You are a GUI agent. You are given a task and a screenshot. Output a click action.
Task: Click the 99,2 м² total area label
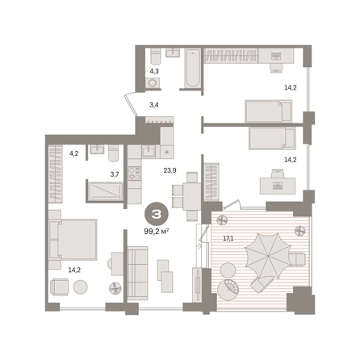(157, 231)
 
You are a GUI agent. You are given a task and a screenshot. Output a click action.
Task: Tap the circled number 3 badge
(157, 214)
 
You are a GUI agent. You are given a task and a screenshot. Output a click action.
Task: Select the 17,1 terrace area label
(228, 238)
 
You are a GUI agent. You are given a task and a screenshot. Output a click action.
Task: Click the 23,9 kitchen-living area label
(170, 170)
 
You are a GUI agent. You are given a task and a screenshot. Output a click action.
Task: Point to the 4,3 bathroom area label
(154, 72)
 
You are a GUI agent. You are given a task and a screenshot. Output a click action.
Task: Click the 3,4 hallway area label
(154, 105)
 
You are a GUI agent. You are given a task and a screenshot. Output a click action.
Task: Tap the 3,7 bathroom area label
(115, 174)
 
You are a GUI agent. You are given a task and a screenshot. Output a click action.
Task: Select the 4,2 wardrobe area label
(73, 154)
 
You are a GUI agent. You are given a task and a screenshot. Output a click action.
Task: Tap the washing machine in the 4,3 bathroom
(153, 83)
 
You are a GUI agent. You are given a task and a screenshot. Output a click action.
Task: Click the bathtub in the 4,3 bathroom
(193, 68)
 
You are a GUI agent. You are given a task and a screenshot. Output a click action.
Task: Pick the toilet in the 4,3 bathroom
(156, 56)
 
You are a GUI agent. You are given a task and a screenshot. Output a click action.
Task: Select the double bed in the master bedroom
(73, 240)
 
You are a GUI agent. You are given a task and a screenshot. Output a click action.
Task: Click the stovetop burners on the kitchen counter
(134, 174)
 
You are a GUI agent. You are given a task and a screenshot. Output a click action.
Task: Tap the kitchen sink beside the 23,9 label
(149, 152)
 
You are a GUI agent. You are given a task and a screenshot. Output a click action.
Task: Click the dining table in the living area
(191, 196)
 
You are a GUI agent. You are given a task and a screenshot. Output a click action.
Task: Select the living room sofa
(137, 274)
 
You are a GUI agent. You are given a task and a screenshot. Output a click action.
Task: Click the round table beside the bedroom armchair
(81, 287)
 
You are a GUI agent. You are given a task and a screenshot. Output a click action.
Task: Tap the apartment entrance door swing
(130, 103)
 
